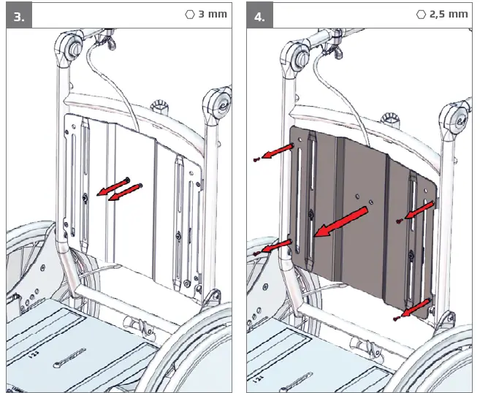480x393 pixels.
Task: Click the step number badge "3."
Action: tap(20, 16)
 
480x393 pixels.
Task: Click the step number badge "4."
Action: tap(260, 16)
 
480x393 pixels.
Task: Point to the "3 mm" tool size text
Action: tap(213, 14)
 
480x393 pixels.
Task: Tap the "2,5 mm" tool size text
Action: tap(449, 14)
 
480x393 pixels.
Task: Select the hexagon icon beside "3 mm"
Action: tap(191, 14)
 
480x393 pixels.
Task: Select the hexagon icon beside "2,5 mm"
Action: tap(420, 14)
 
